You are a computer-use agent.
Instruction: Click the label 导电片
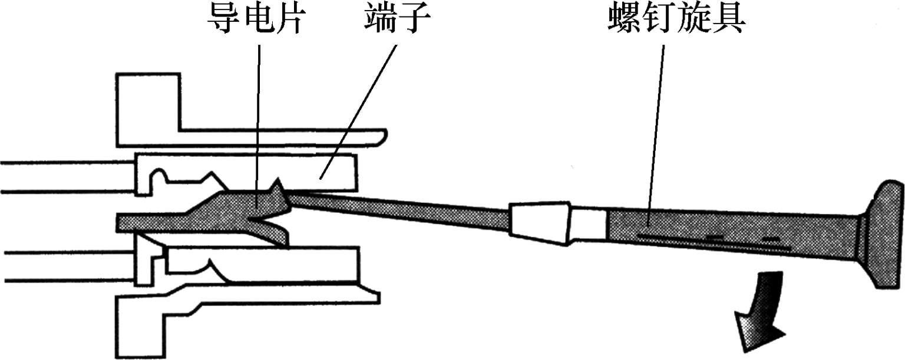pos(255,21)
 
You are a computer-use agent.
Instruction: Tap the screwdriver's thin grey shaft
pos(401,210)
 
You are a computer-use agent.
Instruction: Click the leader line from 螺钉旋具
pos(657,130)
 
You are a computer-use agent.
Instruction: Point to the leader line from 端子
pos(359,106)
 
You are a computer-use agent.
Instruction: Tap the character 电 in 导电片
pos(255,21)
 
